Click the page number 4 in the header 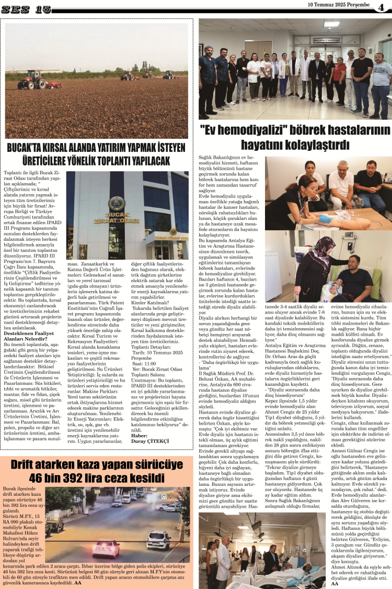[381, 7]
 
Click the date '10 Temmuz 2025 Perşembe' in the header [339, 5]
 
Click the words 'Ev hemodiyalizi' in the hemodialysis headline [233, 129]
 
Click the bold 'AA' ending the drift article [78, 582]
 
